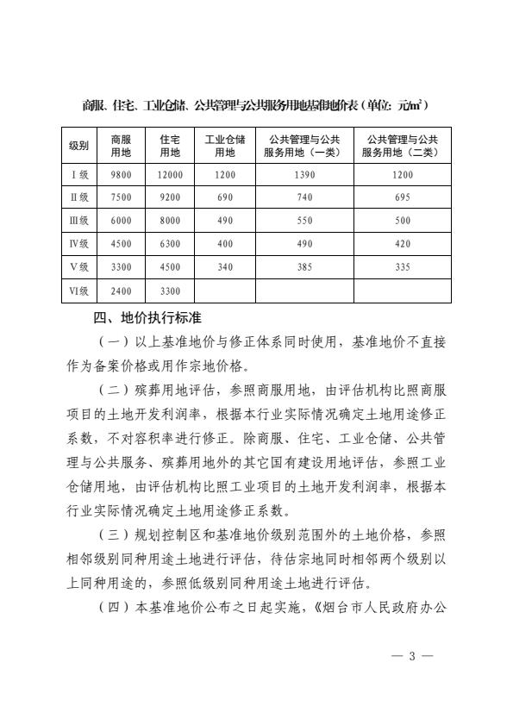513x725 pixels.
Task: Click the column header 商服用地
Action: pos(121,145)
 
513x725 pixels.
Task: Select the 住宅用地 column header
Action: pos(170,145)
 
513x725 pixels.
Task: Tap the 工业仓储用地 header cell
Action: pos(224,145)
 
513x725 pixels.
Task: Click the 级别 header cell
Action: pos(79,145)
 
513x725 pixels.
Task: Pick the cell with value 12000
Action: pos(170,174)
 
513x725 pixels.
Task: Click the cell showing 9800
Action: pos(121,174)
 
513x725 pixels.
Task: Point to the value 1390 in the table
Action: pos(303,174)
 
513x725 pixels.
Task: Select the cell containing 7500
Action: pos(121,197)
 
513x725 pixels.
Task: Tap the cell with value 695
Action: pos(402,197)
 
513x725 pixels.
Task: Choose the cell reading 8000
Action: pos(170,221)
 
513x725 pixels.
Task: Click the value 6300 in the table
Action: pos(170,244)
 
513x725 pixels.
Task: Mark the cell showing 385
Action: pos(303,267)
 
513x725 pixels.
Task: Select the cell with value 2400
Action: pos(121,291)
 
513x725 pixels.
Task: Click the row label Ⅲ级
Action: pos(79,221)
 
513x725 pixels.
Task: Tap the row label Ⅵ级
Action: pos(79,291)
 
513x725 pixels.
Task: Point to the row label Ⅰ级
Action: pos(79,174)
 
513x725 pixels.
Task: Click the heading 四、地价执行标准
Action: pos(147,317)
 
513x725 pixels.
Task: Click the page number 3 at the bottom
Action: pos(412,656)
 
